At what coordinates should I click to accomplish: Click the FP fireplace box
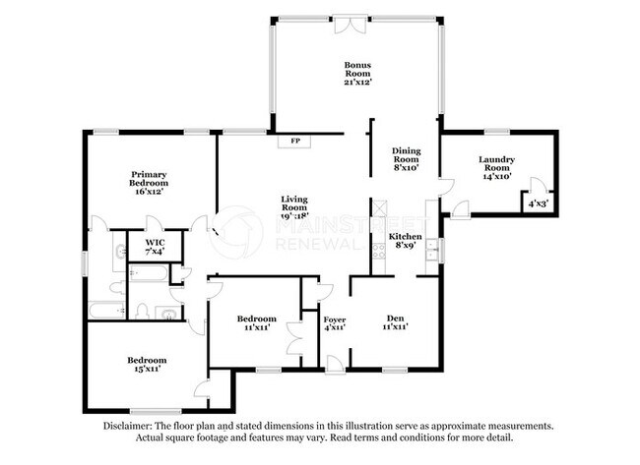click(x=294, y=141)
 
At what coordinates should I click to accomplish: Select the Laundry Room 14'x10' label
click(x=496, y=168)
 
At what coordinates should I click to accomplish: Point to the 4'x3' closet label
click(x=538, y=203)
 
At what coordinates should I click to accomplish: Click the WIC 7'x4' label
click(x=155, y=247)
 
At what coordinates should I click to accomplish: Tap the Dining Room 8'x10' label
click(x=406, y=159)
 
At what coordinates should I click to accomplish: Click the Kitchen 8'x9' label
click(x=405, y=241)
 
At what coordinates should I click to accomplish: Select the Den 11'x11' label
click(x=395, y=322)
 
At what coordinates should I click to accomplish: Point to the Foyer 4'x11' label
click(x=335, y=323)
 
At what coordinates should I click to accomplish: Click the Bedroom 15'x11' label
click(x=147, y=365)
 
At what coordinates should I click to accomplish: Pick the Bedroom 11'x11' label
click(x=256, y=322)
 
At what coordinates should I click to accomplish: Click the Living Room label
click(x=294, y=207)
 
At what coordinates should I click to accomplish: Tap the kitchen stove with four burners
click(x=379, y=251)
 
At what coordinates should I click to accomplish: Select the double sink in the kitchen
click(x=431, y=250)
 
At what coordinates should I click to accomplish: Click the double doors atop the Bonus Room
click(x=347, y=26)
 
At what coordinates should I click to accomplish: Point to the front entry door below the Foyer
click(x=336, y=364)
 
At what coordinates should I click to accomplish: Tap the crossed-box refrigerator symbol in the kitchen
click(x=379, y=207)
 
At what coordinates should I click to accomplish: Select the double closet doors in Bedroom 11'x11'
click(x=293, y=338)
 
